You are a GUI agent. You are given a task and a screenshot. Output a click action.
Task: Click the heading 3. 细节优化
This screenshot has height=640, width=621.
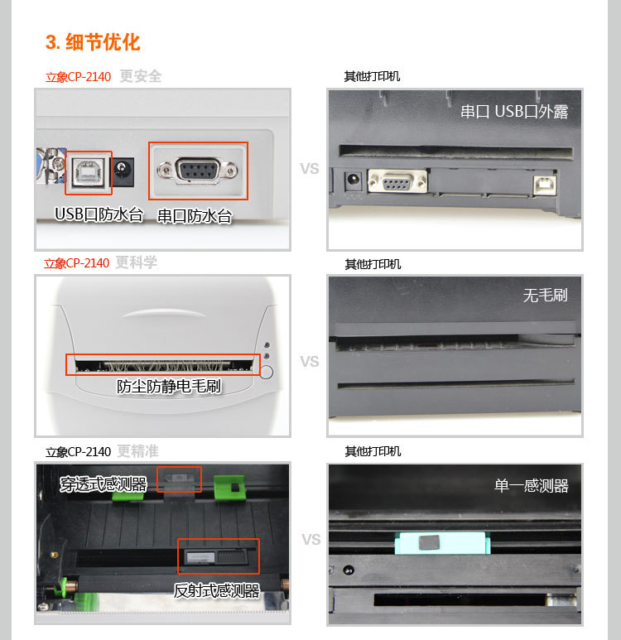pos(93,42)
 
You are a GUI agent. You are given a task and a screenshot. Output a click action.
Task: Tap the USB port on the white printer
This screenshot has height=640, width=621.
pos(89,171)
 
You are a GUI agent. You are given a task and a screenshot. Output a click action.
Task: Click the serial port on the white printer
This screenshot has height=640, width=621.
pos(198,170)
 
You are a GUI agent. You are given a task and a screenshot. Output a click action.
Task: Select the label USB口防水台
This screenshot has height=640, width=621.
pos(99,214)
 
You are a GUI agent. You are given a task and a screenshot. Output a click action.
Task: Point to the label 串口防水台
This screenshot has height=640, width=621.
pos(195,216)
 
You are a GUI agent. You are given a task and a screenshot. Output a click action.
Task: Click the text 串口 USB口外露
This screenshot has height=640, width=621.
pos(514,112)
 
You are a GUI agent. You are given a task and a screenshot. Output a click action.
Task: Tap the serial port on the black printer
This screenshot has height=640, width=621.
pos(397,180)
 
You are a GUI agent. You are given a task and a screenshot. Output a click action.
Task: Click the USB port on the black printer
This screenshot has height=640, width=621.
pos(545,185)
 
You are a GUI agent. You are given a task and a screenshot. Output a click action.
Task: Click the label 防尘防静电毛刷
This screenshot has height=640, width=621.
pos(169,386)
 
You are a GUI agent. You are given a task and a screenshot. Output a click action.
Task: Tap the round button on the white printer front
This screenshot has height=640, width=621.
pos(266,372)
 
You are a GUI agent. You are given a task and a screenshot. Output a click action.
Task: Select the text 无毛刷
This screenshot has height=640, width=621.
pos(546,295)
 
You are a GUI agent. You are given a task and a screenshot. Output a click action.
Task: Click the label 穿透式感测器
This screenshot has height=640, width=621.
pos(103,484)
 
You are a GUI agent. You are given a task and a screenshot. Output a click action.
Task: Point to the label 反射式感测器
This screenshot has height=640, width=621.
pos(217,590)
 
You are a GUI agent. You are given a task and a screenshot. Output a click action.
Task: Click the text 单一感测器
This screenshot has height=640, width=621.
pos(532,486)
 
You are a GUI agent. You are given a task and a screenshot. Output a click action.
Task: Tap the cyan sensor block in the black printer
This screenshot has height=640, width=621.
pos(442,543)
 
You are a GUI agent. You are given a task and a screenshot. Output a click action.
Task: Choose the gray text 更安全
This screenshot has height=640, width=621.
pos(141,76)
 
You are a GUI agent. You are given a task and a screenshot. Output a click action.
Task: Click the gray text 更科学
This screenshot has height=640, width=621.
pos(137,262)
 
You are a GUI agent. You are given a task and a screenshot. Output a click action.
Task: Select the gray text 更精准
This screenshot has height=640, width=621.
pos(138,451)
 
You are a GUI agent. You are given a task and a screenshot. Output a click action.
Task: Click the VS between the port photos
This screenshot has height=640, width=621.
pos(310,169)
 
